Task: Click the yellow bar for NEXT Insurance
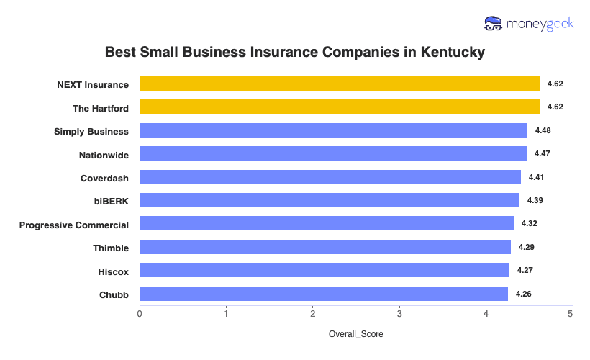(339, 84)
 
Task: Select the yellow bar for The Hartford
(339, 107)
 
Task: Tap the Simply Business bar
(333, 130)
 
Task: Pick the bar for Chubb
(324, 294)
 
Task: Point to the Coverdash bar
(330, 177)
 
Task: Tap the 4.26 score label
(524, 294)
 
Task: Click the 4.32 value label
(529, 223)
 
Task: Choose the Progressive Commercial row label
(74, 225)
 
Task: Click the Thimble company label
(111, 248)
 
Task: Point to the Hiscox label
(114, 271)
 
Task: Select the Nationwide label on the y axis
(104, 154)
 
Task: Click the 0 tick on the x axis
(140, 314)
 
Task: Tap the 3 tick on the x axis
(399, 314)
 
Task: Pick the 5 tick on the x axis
(572, 314)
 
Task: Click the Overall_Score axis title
(355, 335)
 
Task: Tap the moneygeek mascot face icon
(494, 23)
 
